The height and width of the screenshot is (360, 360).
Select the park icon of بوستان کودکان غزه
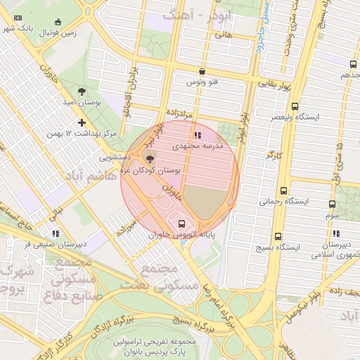[x=148, y=157]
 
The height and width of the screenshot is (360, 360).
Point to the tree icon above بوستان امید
[x=82, y=91]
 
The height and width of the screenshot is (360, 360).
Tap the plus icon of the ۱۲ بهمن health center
[x=82, y=122]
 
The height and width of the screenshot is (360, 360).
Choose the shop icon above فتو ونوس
[x=202, y=71]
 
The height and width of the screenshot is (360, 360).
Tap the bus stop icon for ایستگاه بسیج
[x=278, y=236]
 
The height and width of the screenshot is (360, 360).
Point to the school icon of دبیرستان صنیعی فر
[x=55, y=233]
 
